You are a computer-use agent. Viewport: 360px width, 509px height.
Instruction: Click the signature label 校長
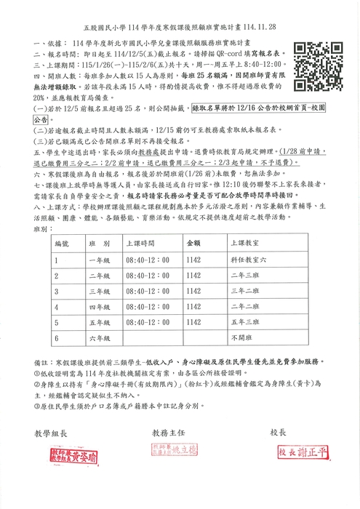281,431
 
